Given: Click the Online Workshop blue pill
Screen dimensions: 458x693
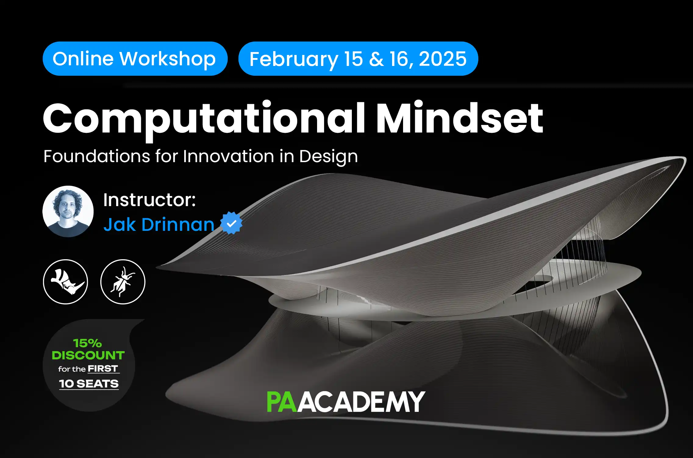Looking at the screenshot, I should click(x=135, y=59).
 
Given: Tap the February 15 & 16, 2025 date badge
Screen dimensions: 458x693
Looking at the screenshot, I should click(x=358, y=59).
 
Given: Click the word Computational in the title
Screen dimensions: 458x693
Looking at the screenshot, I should click(x=204, y=118).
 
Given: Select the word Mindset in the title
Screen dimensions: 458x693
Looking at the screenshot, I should click(x=460, y=118).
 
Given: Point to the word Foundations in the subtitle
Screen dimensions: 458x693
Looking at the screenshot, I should click(x=97, y=157).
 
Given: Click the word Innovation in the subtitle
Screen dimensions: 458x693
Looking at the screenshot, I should click(x=228, y=157).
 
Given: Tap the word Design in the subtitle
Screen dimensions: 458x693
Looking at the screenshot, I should click(x=328, y=157).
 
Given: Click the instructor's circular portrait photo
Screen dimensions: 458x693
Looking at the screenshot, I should click(x=68, y=211).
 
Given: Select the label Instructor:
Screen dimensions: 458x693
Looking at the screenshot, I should click(x=149, y=200).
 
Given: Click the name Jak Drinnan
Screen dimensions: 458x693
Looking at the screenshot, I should click(x=159, y=225).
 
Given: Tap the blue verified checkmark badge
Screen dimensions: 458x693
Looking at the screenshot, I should click(x=231, y=223).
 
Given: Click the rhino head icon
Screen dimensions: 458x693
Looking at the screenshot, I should click(x=66, y=282).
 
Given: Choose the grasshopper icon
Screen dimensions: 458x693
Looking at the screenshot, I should click(x=123, y=282).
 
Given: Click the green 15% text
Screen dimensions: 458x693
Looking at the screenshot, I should click(x=88, y=343).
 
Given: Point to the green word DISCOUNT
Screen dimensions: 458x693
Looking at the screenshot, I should click(x=88, y=355).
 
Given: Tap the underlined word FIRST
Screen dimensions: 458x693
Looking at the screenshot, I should click(x=103, y=369).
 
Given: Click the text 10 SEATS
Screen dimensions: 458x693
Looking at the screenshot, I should click(x=89, y=384).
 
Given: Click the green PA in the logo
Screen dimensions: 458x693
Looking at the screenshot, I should click(x=281, y=402).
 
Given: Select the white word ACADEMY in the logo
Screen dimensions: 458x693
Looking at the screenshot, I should click(x=361, y=402).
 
